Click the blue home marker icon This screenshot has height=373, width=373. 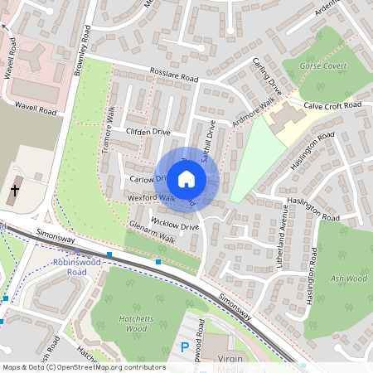pyautogui.click(x=186, y=179)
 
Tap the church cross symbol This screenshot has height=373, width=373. pyautogui.click(x=14, y=190)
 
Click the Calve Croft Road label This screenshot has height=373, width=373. pyautogui.click(x=332, y=105)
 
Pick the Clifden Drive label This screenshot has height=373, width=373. pyautogui.click(x=148, y=132)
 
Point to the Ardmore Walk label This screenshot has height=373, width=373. pyautogui.click(x=254, y=113)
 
